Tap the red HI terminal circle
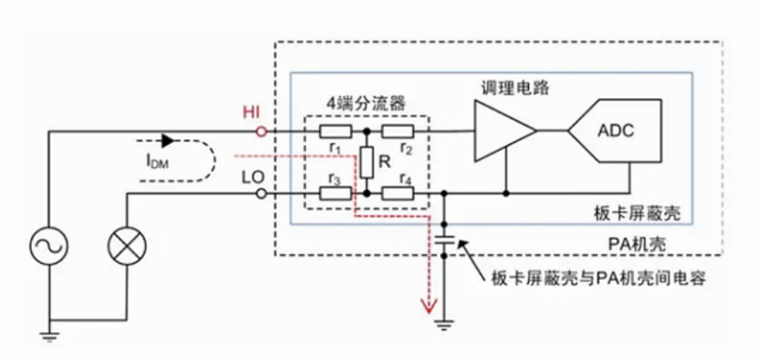pyautogui.click(x=259, y=130)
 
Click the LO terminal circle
pyautogui.click(x=259, y=194)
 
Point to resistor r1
pyautogui.click(x=334, y=131)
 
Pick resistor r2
pyautogui.click(x=397, y=131)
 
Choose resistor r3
pyautogui.click(x=334, y=194)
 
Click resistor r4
pyautogui.click(x=397, y=194)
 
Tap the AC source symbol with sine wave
pyautogui.click(x=50, y=246)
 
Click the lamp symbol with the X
pyautogui.click(x=126, y=246)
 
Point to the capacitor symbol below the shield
pyautogui.click(x=446, y=240)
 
